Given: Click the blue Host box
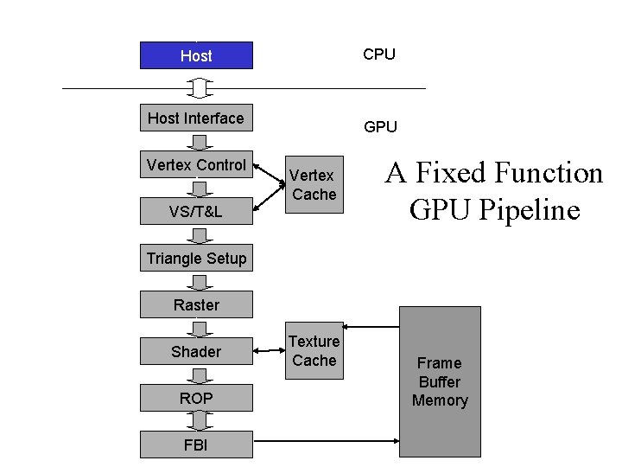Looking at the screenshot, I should coord(196,55).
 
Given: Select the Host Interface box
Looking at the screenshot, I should coord(196,118).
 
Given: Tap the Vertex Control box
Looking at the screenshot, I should coord(196,164).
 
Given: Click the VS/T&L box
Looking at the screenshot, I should coord(196,211).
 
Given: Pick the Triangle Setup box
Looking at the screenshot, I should coord(196,258).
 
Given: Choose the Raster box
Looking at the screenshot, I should coord(196,304).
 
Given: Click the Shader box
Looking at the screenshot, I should coord(196,351).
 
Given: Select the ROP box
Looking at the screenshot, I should coord(196,398).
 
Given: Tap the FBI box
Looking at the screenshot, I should coord(196,445).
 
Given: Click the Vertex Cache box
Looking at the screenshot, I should coord(314,185).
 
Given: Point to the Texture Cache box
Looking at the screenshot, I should coord(314,350).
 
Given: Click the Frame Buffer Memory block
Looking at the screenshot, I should coord(440,381).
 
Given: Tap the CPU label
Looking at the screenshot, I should coord(379,54).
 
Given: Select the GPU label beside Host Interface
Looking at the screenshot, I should coord(380,127).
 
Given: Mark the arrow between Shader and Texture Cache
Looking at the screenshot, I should coord(269,351).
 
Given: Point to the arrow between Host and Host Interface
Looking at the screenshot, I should coord(200,86).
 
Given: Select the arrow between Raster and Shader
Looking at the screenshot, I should coord(200,328).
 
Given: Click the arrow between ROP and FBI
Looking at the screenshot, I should coord(200,421).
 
